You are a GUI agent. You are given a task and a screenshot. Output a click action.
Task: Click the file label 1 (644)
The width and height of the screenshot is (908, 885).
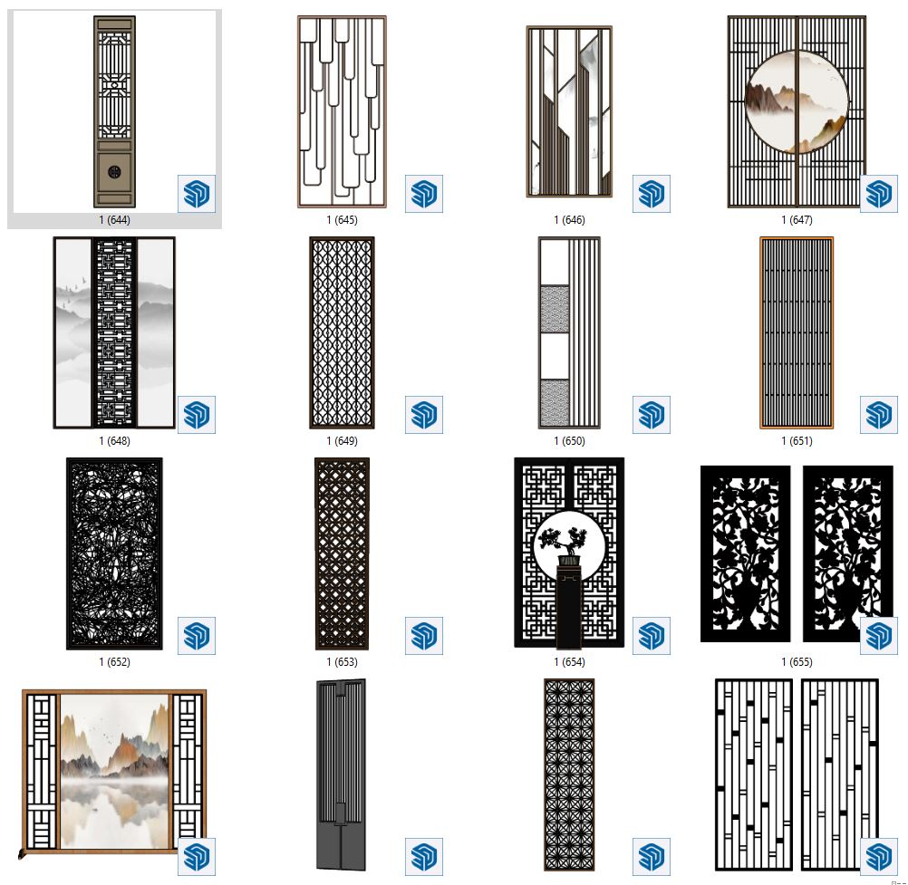(x=115, y=220)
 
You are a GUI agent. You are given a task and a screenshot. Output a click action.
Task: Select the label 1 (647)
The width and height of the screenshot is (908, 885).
(x=797, y=220)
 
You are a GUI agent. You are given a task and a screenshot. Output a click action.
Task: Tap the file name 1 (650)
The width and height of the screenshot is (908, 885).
(x=569, y=441)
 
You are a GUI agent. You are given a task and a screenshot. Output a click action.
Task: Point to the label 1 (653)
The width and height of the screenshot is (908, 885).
(x=342, y=661)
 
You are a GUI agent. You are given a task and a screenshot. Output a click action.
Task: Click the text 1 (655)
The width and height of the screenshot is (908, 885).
(x=797, y=661)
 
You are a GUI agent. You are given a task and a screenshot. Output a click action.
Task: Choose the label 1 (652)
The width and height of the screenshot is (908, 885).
(x=115, y=661)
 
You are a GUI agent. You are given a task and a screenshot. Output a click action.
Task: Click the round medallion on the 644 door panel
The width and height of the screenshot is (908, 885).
(x=115, y=171)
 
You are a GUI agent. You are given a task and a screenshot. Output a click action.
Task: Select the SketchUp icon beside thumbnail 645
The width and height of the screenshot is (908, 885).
(x=424, y=193)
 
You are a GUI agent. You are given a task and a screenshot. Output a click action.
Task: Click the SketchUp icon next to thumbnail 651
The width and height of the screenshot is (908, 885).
(x=878, y=415)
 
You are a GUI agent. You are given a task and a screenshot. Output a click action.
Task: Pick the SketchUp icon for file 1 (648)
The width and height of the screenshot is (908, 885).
(x=197, y=415)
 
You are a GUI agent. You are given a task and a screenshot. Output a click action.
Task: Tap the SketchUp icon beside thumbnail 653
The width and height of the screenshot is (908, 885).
(x=424, y=636)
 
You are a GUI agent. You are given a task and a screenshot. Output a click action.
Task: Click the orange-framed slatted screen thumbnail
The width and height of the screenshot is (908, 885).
(x=797, y=332)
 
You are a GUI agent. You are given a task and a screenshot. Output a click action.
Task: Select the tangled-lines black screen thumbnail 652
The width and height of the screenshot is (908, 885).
(x=115, y=553)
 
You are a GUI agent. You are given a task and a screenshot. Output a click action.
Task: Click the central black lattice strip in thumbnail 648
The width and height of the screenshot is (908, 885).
(x=115, y=332)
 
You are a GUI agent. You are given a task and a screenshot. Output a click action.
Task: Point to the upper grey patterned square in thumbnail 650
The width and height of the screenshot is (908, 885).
(x=555, y=309)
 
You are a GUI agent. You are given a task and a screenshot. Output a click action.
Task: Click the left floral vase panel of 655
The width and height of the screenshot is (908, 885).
(x=745, y=554)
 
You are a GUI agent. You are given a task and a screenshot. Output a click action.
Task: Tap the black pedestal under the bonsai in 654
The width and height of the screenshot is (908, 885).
(x=569, y=606)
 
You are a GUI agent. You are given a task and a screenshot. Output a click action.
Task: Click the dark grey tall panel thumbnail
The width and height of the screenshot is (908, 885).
(x=342, y=774)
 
